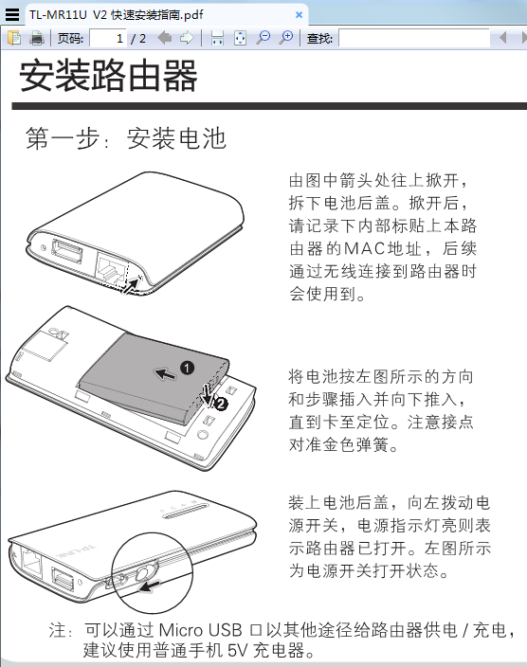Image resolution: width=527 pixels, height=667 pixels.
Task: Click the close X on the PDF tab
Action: (x=299, y=15)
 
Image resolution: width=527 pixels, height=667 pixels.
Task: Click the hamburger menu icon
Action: (x=12, y=14)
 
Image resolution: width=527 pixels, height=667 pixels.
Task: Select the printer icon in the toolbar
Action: (x=37, y=38)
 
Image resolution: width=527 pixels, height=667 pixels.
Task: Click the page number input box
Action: (x=108, y=38)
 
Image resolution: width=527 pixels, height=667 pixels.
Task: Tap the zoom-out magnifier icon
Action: (x=263, y=38)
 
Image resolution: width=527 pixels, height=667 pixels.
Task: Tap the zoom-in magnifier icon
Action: (x=285, y=38)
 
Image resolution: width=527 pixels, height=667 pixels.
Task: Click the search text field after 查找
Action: (x=414, y=38)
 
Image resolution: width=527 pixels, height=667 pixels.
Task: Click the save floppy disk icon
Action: (x=217, y=38)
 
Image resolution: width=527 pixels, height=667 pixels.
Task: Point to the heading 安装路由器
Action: (x=109, y=75)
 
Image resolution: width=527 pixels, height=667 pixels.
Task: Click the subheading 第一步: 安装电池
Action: (x=125, y=137)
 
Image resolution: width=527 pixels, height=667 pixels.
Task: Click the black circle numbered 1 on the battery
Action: (x=188, y=368)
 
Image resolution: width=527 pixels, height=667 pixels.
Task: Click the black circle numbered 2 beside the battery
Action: (x=221, y=404)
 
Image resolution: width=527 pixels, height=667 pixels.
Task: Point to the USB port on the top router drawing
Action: (x=67, y=250)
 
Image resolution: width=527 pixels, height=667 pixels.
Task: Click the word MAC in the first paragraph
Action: (x=364, y=248)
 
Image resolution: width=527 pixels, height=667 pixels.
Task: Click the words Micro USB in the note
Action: (x=201, y=630)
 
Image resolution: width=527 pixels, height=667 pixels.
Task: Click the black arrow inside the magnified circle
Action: (x=150, y=586)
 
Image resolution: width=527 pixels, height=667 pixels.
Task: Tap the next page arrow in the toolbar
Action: (x=187, y=38)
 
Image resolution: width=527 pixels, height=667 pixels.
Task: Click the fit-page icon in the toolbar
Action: (x=240, y=38)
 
